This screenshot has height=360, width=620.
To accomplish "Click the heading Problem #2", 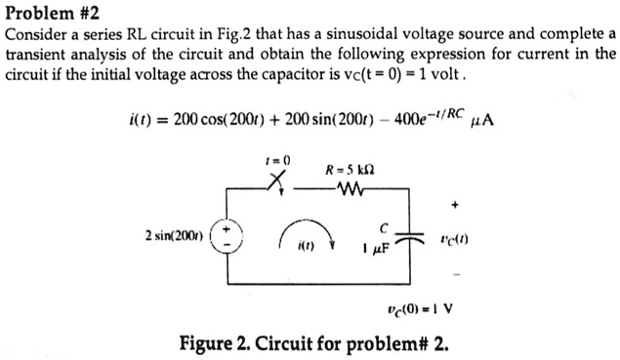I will [52, 14].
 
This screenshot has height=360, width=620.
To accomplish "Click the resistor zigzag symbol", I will [346, 188].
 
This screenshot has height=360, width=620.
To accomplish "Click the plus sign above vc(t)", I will [454, 207].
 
